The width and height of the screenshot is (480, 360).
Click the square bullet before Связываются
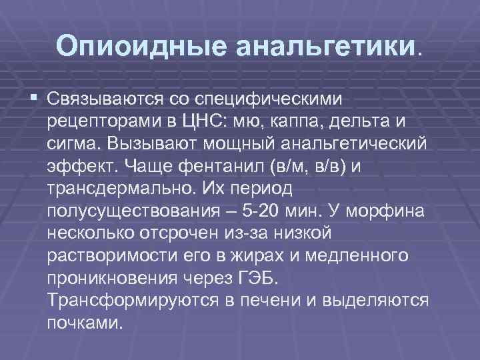tap(33, 99)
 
